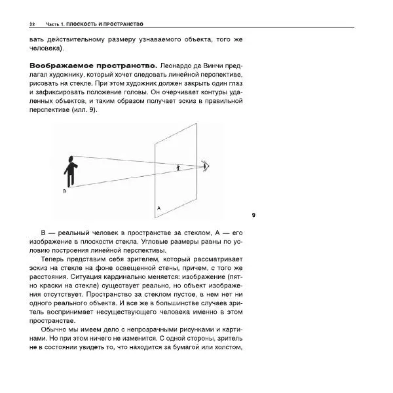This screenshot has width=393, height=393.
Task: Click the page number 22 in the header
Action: pyautogui.click(x=32, y=24)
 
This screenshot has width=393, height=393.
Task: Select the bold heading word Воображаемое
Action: pyautogui.click(x=58, y=67)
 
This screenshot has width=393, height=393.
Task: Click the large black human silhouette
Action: pyautogui.click(x=70, y=171)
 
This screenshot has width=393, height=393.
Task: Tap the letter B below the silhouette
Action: pyautogui.click(x=64, y=191)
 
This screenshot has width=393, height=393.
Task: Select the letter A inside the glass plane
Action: pyautogui.click(x=159, y=208)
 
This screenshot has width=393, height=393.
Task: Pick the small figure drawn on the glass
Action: pyautogui.click(x=178, y=168)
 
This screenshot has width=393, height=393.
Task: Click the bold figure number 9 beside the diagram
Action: pyautogui.click(x=253, y=215)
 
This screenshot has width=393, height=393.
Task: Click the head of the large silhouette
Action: pyautogui.click(x=70, y=159)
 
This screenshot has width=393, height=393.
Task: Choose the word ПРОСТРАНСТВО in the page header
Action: pyautogui.click(x=125, y=24)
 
